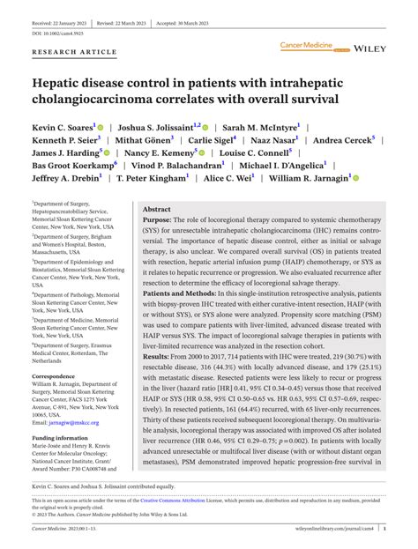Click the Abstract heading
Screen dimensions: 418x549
pyautogui.click(x=156, y=210)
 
